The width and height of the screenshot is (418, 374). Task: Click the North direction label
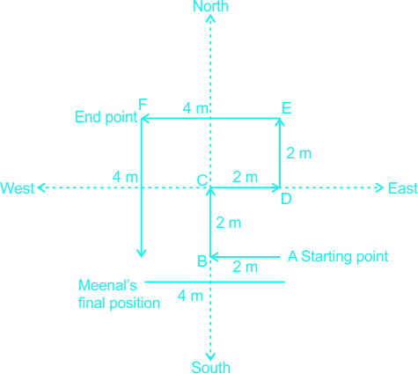[x=210, y=6]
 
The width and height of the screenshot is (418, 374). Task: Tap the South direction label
[x=210, y=367]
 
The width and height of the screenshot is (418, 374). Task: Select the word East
[x=403, y=188]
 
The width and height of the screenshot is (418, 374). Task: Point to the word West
[x=18, y=188]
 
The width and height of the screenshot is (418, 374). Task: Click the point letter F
[x=143, y=104]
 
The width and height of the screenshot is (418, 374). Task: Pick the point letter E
[x=287, y=108]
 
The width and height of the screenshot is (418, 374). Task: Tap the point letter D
[x=286, y=199]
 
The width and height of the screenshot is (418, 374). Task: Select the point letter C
[x=202, y=180]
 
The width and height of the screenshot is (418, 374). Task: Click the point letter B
[x=202, y=261]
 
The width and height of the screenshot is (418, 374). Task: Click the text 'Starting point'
[x=345, y=256]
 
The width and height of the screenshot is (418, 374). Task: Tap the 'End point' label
[x=106, y=117]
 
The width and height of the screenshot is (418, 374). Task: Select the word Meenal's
[x=107, y=285]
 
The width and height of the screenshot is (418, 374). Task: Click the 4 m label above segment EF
[x=195, y=108]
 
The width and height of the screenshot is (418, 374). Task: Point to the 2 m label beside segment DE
[x=298, y=153]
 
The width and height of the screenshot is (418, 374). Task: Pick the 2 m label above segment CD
[x=246, y=177]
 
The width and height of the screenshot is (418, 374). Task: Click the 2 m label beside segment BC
[x=229, y=223]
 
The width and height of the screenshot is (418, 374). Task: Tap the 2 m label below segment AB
[x=246, y=267]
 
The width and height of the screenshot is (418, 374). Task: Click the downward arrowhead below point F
[x=142, y=253]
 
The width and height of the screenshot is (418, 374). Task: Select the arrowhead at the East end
[x=380, y=187]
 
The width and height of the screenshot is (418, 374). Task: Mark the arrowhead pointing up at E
[x=280, y=122]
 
